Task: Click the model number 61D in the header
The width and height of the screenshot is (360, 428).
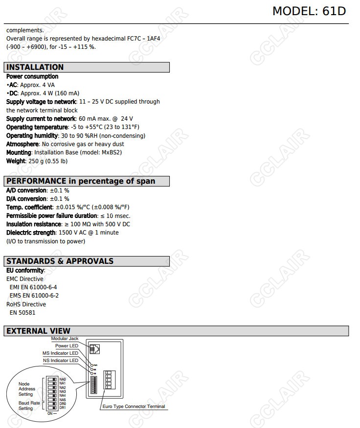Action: (x=334, y=11)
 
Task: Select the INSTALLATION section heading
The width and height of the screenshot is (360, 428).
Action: (x=35, y=67)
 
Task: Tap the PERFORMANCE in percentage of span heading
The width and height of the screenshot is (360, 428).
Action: (x=81, y=181)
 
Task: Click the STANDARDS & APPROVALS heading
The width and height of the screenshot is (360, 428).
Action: (x=60, y=261)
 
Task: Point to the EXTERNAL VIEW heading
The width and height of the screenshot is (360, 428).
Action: (x=38, y=331)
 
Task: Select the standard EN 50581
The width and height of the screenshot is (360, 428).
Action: (x=22, y=313)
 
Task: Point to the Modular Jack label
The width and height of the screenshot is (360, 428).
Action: (x=65, y=339)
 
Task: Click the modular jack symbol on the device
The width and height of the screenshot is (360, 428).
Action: (x=95, y=349)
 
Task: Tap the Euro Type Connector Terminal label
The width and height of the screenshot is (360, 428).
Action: (x=134, y=407)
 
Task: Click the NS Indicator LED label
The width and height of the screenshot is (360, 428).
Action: (x=60, y=361)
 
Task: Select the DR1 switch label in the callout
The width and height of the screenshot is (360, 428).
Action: (x=63, y=407)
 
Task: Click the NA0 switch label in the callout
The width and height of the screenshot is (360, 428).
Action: (x=63, y=379)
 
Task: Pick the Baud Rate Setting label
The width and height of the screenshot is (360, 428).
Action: (x=26, y=406)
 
